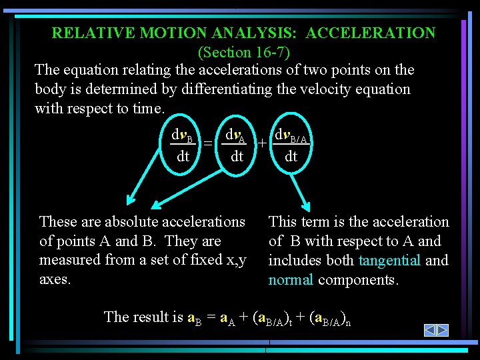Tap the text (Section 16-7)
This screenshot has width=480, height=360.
tap(244, 51)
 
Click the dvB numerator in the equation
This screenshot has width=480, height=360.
tap(182, 138)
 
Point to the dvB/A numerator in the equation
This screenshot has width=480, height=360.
tap(291, 138)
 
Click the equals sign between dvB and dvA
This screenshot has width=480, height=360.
tap(208, 143)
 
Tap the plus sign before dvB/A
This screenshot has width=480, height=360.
tap(263, 143)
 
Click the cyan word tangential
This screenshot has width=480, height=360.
tap(389, 260)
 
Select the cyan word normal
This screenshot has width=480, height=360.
tap(291, 279)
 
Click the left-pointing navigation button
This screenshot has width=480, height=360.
tap(431, 330)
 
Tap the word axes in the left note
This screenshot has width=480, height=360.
tap(55, 279)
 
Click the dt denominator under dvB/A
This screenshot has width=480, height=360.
tap(291, 157)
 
